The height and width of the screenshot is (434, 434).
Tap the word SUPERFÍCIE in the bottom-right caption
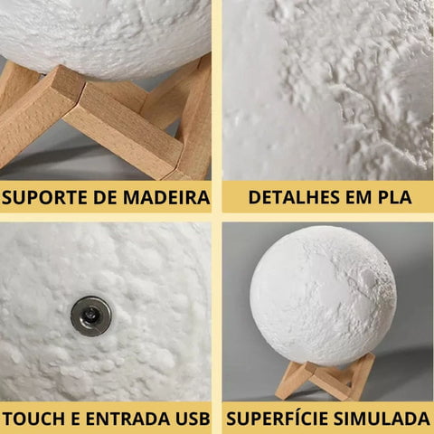click(x=281, y=419)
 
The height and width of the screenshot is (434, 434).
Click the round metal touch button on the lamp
click(x=91, y=316)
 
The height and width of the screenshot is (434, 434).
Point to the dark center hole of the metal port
click(x=92, y=316)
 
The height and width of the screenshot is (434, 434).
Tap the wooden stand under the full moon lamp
click(x=325, y=377)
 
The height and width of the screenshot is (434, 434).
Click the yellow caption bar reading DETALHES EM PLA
click(x=327, y=197)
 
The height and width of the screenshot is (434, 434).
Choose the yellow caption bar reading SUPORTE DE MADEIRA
click(x=106, y=197)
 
